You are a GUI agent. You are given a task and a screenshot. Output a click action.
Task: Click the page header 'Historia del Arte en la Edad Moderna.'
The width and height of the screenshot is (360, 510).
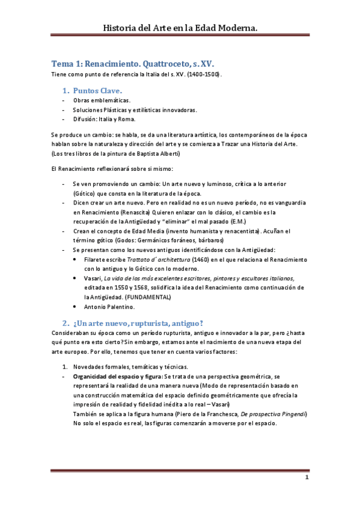click(180, 28)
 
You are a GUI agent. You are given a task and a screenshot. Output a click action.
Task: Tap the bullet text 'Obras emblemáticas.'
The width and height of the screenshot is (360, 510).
click(102, 100)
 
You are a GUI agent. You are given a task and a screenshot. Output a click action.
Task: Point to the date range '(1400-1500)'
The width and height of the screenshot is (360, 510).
click(204, 74)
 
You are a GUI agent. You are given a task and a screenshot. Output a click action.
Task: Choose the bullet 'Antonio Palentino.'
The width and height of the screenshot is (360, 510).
click(109, 307)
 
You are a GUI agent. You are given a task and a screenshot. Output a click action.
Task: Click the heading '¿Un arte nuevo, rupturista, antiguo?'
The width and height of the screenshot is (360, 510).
click(141, 322)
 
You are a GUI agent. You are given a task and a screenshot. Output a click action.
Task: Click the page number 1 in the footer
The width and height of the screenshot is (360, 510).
click(306, 478)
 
